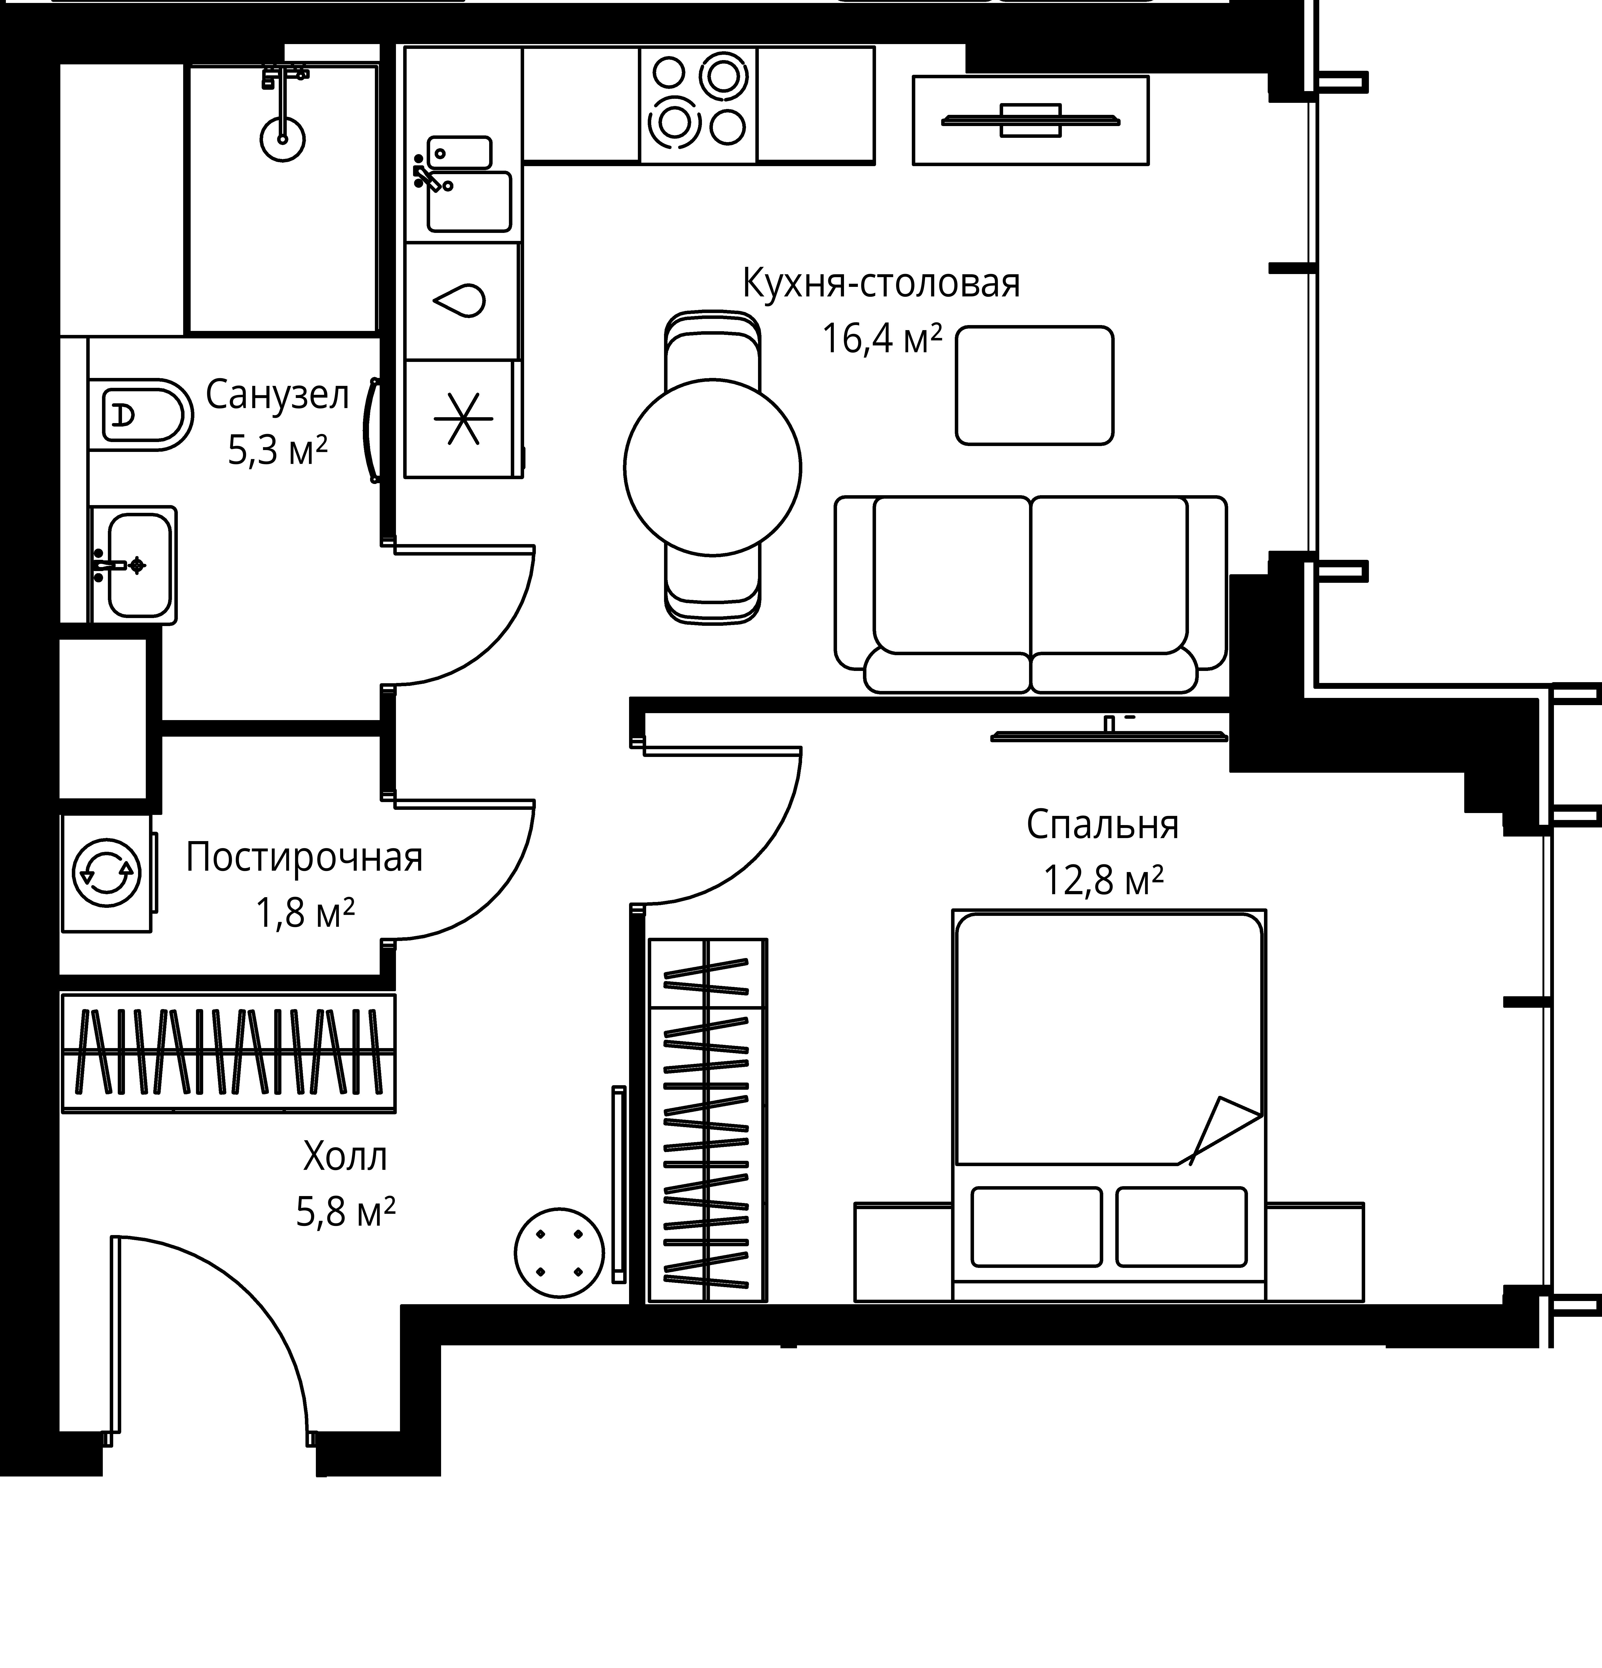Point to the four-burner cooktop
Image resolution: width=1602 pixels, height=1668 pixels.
(698, 105)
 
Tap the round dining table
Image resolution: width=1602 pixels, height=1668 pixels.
(712, 466)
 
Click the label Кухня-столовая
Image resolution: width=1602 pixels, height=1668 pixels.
(881, 283)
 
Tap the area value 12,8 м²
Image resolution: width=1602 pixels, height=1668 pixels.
(1103, 881)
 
